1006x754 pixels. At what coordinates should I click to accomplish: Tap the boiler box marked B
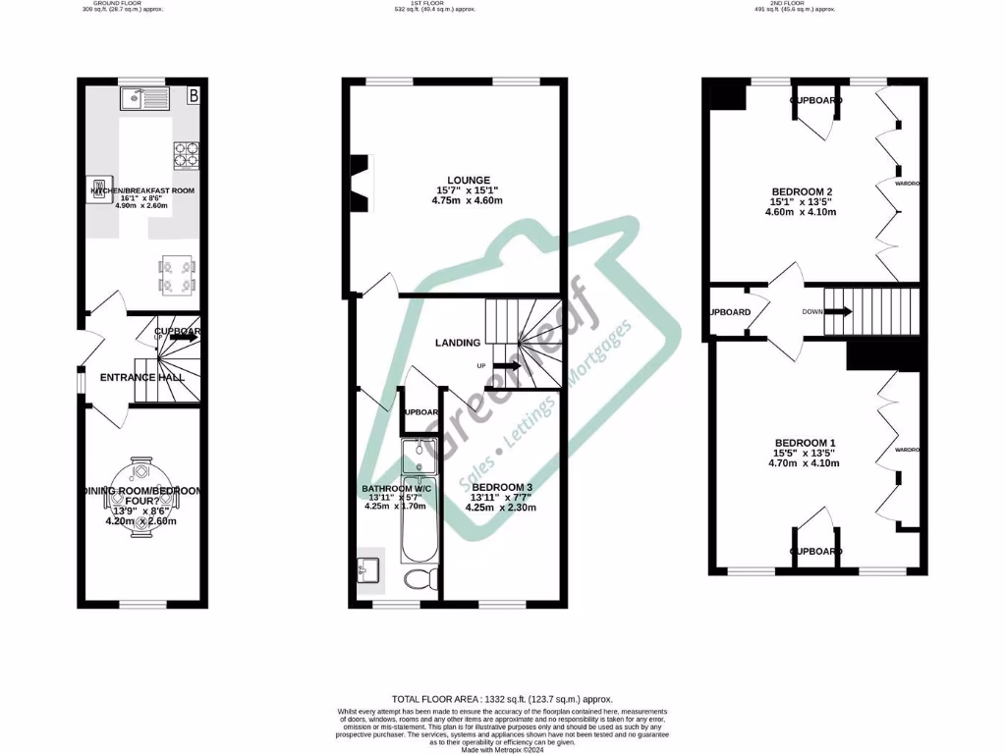click(194, 95)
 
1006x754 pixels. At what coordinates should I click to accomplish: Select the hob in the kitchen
click(186, 155)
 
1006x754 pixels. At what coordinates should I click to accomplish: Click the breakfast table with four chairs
click(178, 275)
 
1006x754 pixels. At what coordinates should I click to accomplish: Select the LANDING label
click(459, 343)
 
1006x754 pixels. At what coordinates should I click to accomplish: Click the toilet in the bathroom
click(423, 577)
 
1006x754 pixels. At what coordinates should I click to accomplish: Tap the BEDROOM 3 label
click(501, 487)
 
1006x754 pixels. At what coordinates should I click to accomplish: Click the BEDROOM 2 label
click(802, 192)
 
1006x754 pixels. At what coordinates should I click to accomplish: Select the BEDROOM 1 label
click(805, 443)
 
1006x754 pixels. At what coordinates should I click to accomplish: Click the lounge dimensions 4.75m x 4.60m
click(469, 201)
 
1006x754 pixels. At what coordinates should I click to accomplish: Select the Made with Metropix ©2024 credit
click(502, 749)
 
